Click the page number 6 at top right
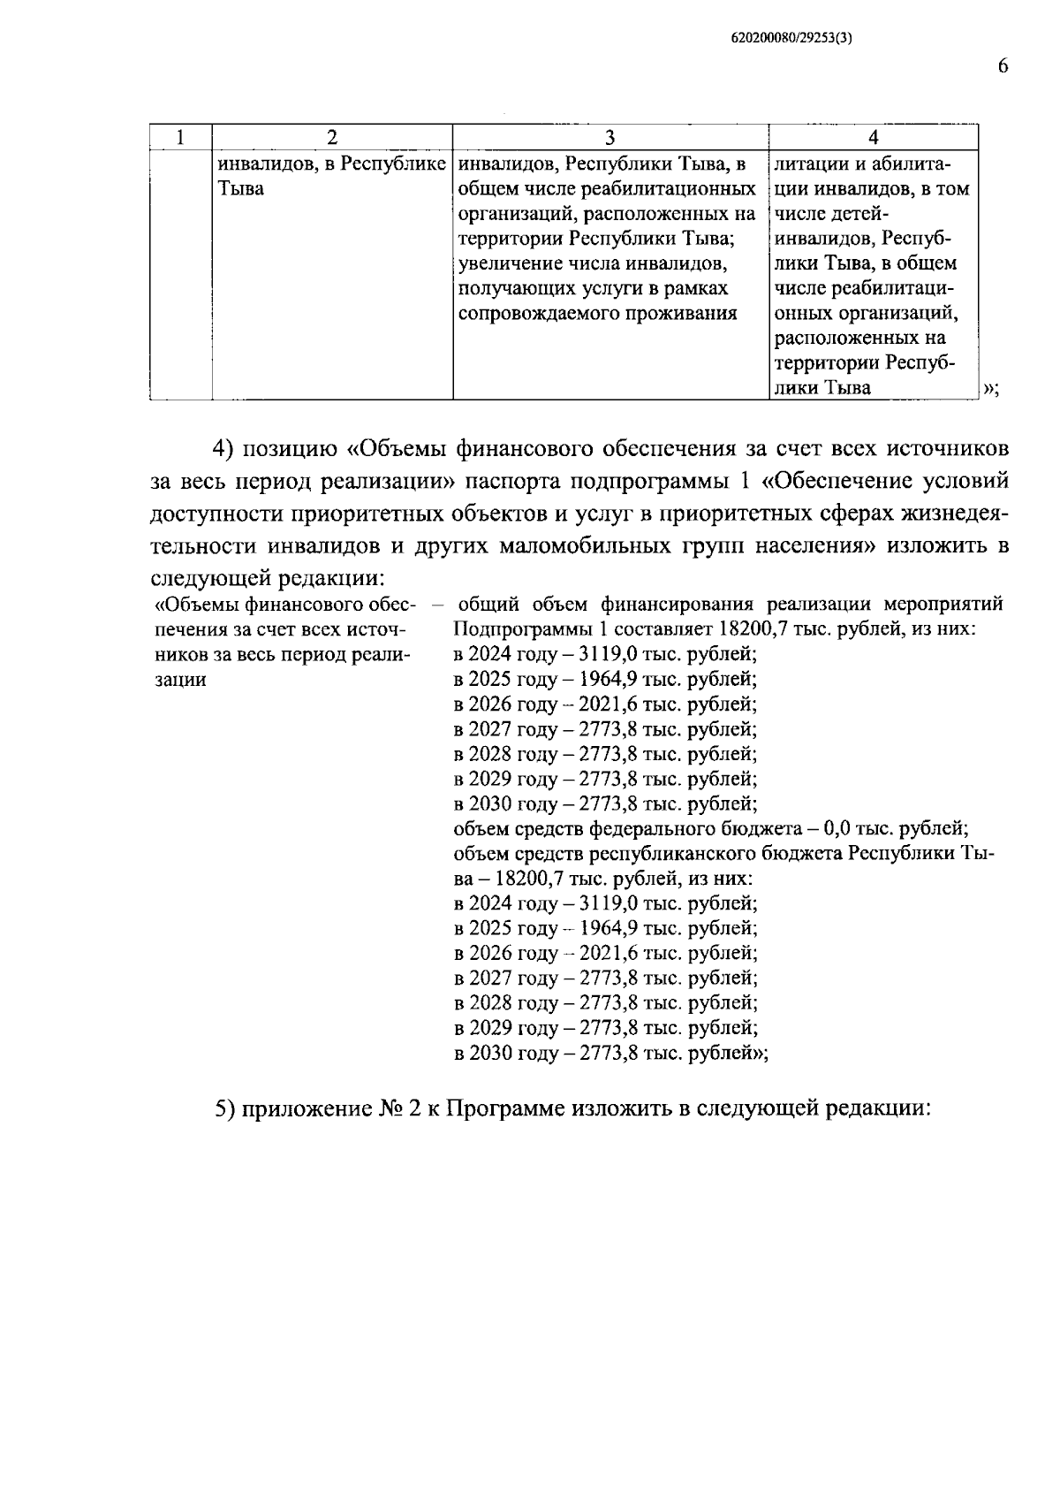click(x=1002, y=67)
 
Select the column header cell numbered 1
click(x=180, y=137)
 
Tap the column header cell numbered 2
click(x=332, y=137)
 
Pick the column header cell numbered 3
click(x=609, y=137)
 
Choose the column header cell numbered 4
click(x=873, y=137)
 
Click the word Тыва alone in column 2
click(x=240, y=189)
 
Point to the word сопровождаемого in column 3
click(x=539, y=313)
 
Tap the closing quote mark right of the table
click(x=989, y=389)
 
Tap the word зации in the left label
click(x=181, y=680)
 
